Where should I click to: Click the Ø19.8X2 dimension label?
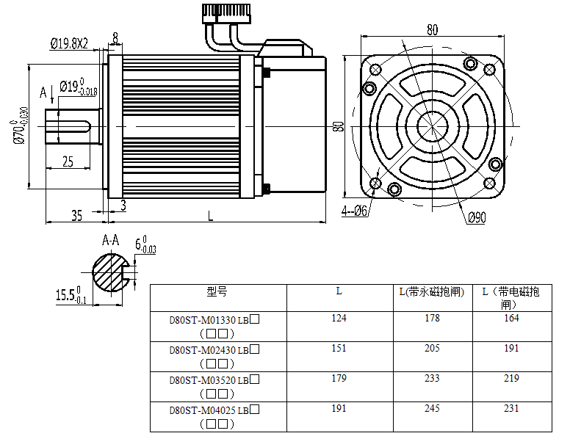69,44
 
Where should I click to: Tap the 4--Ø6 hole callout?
354,211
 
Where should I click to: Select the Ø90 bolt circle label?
477,217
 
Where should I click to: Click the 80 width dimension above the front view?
432,30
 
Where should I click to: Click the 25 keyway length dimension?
67,162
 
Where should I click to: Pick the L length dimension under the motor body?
211,216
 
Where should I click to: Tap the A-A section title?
111,240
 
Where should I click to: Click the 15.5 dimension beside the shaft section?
71,296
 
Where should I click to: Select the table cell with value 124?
339,318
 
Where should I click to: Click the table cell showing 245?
432,408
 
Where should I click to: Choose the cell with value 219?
511,378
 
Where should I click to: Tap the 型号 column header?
217,291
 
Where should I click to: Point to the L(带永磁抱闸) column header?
432,291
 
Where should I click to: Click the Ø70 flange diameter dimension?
20,126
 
